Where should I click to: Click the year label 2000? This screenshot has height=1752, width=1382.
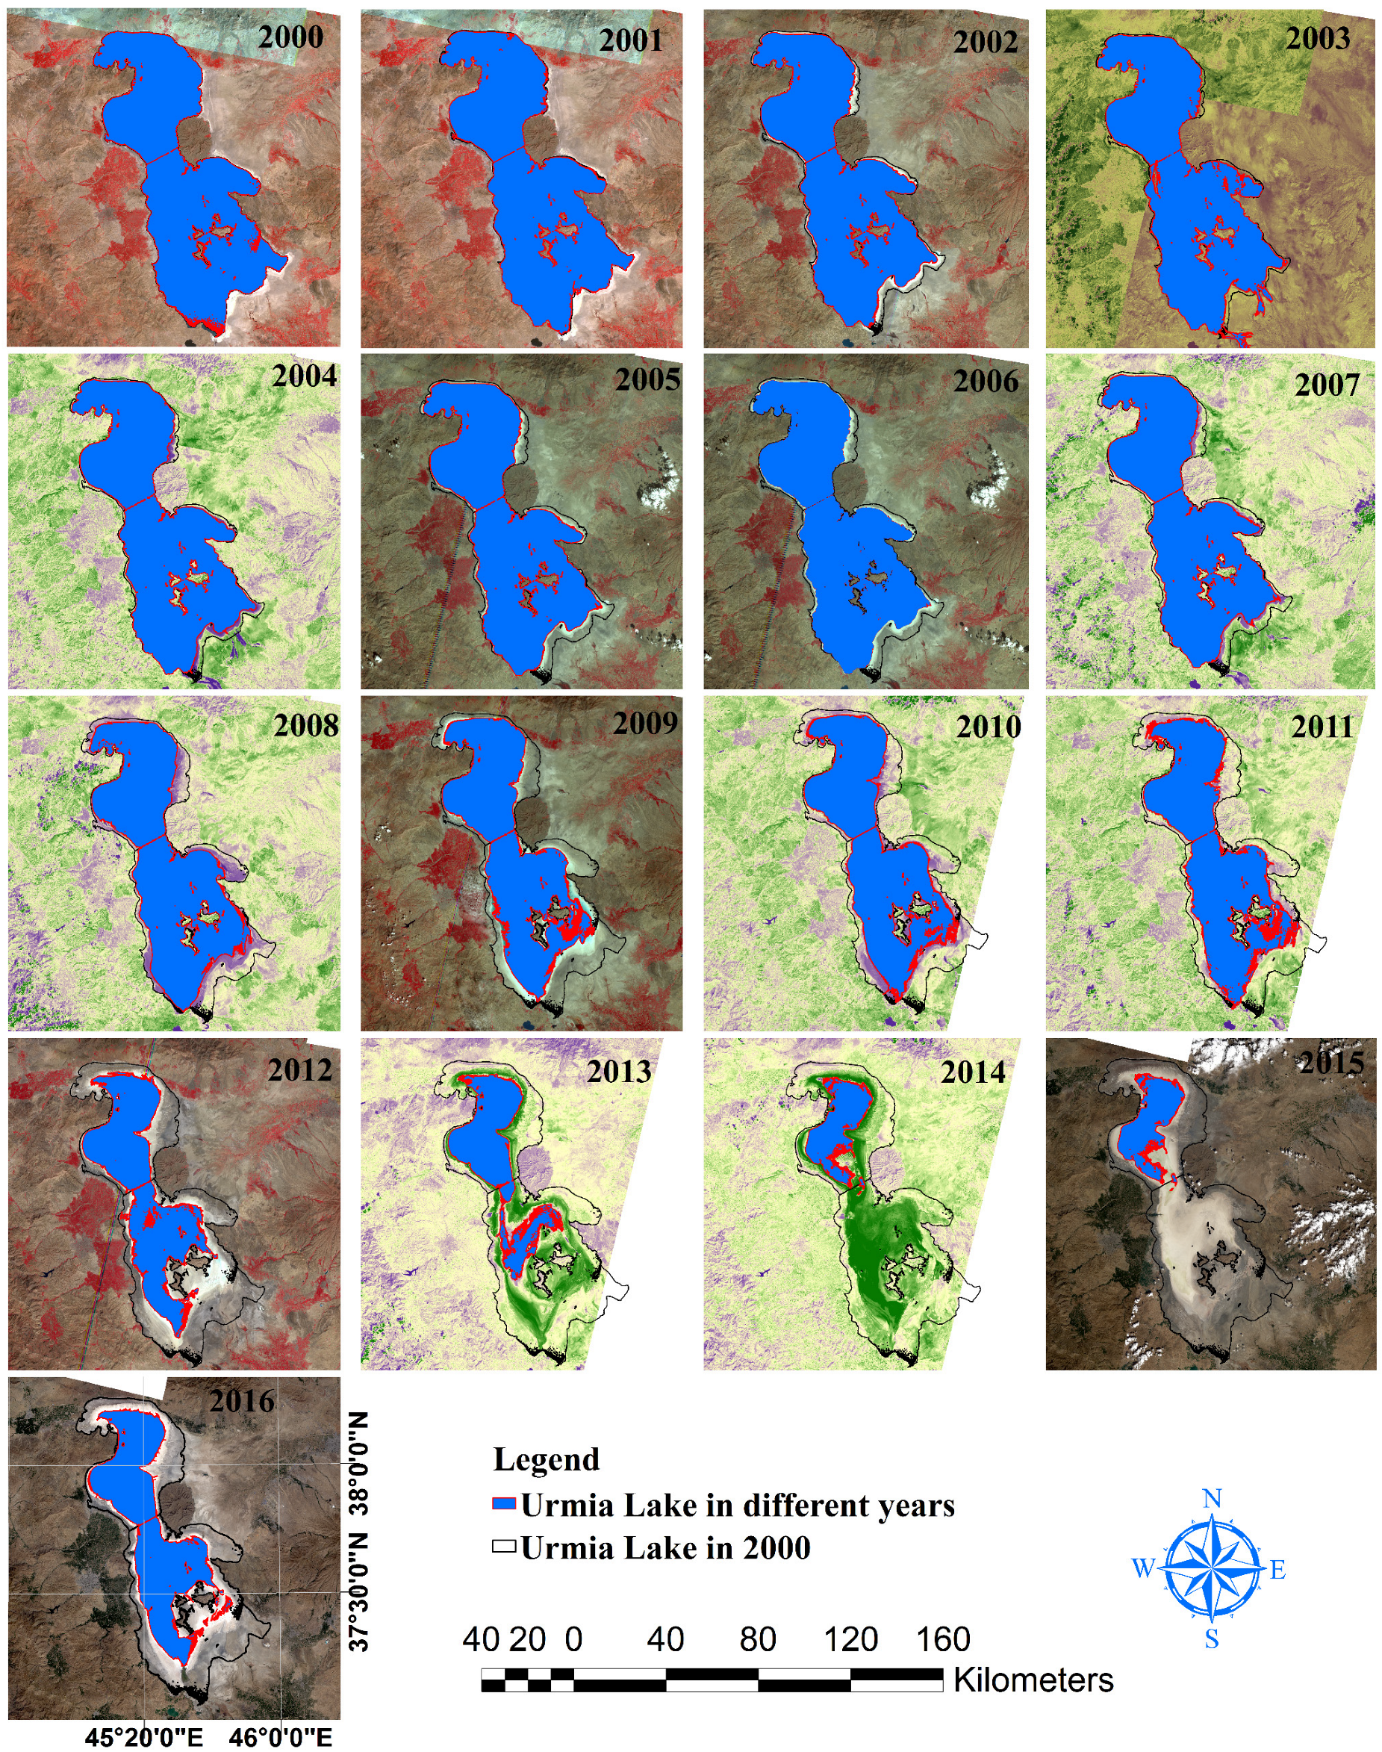290,37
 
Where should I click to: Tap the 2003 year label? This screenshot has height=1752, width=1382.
1318,38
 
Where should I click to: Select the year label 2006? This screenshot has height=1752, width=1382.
986,381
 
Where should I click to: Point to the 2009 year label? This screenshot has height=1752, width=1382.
645,723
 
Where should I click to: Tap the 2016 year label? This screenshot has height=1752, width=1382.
242,1401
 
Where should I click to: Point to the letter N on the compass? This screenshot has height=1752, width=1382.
1212,1498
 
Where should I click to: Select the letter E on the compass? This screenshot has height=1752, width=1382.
1278,1570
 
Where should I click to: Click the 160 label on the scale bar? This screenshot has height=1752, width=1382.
943,1639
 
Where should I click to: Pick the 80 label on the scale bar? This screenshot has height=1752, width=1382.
757,1639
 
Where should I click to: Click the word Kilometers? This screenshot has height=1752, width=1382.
1033,1680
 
